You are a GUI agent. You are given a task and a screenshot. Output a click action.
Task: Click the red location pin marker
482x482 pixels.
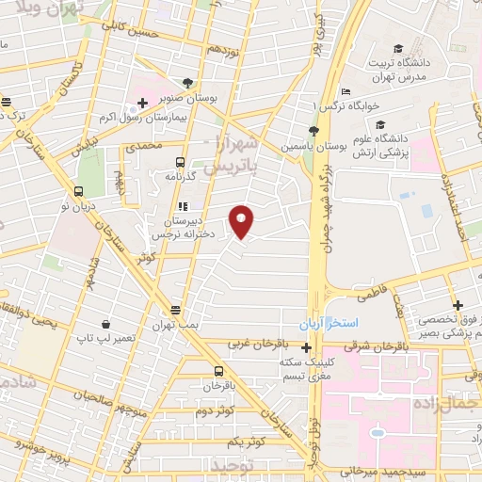pyautogui.click(x=243, y=221)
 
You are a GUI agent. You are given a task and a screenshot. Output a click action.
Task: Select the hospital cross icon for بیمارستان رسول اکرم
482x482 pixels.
pyautogui.click(x=142, y=103)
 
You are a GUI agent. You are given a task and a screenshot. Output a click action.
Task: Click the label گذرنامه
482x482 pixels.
pyautogui.click(x=204, y=176)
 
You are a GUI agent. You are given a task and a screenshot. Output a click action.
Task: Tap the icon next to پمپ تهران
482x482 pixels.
pyautogui.click(x=176, y=310)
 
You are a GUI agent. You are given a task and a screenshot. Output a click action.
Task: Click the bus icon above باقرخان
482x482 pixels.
pyautogui.click(x=218, y=371)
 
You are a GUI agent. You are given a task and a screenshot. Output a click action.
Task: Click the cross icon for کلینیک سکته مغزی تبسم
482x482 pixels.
pyautogui.click(x=307, y=347)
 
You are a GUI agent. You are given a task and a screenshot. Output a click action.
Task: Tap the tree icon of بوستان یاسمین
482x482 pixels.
pyautogui.click(x=313, y=133)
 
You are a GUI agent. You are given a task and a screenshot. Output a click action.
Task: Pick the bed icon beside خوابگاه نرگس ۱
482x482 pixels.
pyautogui.click(x=345, y=91)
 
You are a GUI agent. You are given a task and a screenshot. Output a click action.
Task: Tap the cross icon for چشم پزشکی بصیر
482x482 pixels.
pyautogui.click(x=458, y=305)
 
